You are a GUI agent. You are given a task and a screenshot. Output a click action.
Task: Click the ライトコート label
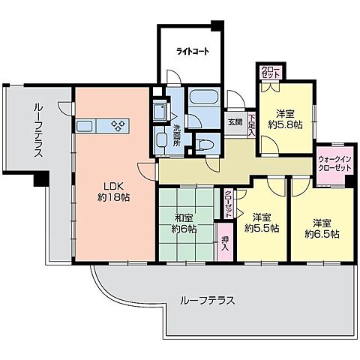pos(192,52)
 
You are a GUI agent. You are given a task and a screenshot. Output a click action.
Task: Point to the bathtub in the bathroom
pos(202,100)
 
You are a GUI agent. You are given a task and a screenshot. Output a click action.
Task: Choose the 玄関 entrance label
pos(235,122)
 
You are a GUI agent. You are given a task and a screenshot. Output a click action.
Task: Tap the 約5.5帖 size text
pos(262,227)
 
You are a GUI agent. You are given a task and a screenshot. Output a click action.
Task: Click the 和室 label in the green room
pos(184,215)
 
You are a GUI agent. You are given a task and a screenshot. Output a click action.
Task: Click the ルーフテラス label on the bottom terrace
pos(208,300)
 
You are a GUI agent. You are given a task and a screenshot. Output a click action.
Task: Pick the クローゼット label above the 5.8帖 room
pos(268,72)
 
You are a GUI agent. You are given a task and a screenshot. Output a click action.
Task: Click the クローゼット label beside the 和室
pos(228,202)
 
